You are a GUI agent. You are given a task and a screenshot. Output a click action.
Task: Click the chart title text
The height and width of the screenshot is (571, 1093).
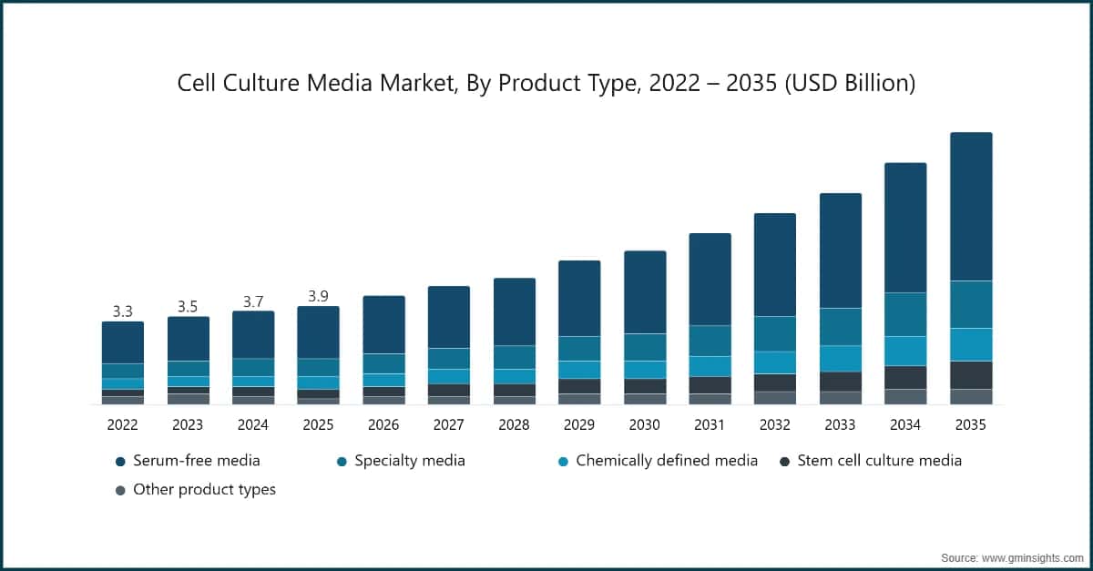[546, 84]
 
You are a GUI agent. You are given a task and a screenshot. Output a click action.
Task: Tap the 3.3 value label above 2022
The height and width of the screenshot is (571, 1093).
[122, 311]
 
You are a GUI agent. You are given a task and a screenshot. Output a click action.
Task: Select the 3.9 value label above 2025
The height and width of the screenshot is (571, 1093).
[318, 296]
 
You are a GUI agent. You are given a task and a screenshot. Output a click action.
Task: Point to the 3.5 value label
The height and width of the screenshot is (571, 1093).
[188, 307]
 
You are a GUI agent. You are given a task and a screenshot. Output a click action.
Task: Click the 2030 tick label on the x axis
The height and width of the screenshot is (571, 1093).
[644, 424]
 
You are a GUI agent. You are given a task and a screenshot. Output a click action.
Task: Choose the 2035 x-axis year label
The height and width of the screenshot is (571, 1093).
[970, 424]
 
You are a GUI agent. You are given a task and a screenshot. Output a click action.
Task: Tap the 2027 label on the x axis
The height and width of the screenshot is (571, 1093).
[448, 424]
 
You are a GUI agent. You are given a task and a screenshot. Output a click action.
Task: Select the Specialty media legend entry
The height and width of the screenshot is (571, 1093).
[401, 461]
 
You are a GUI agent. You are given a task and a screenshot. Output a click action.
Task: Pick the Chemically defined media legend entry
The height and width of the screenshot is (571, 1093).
[656, 461]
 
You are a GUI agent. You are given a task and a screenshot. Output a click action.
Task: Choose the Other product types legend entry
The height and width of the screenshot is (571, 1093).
[195, 490]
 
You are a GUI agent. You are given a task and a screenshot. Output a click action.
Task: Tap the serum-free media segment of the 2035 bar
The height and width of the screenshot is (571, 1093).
[971, 207]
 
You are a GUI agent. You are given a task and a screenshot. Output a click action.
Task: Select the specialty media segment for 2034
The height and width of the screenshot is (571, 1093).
[905, 314]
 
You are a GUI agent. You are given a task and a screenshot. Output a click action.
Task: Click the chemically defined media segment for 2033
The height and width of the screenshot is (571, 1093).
[840, 358]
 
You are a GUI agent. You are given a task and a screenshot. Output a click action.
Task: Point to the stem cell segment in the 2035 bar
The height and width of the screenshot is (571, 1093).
[971, 375]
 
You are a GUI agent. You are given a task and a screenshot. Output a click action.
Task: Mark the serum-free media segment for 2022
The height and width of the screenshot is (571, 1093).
[122, 342]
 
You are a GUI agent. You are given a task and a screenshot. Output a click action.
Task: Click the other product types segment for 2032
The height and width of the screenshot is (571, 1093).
[774, 398]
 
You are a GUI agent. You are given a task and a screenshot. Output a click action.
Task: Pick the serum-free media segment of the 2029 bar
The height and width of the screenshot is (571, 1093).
[578, 299]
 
